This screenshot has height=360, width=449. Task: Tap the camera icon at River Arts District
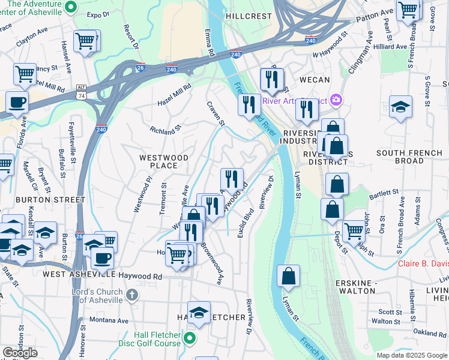(336, 100)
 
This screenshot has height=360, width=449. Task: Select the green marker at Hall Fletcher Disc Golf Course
(190, 339)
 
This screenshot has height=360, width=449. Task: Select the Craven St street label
(215, 113)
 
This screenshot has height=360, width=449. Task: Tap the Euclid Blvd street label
(244, 223)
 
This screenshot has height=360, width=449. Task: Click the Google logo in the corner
(20, 353)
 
